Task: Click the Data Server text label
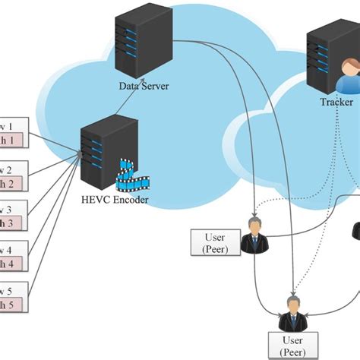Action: point(144,86)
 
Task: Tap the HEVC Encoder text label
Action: point(114,200)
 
